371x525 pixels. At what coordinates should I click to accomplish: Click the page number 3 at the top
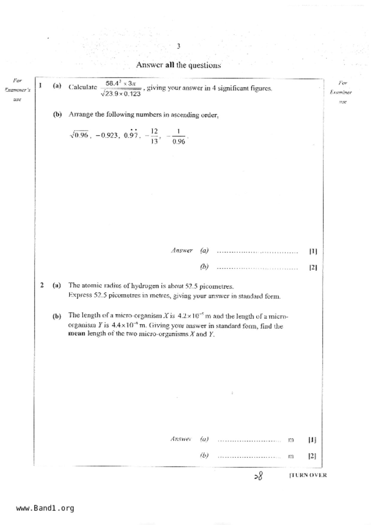pyautogui.click(x=178, y=46)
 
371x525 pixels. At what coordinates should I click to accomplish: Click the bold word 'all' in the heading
pyautogui.click(x=169, y=65)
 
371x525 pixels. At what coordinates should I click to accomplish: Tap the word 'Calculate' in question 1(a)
pyautogui.click(x=83, y=87)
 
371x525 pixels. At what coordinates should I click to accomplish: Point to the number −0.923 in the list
pyautogui.click(x=107, y=135)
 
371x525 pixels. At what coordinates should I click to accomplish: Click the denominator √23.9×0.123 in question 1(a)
pyautogui.click(x=121, y=94)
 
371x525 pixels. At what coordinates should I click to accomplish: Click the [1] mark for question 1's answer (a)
pyautogui.click(x=313, y=251)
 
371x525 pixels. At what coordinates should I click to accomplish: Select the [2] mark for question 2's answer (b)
pyautogui.click(x=312, y=456)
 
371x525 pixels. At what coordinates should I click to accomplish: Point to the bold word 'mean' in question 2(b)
pyautogui.click(x=77, y=334)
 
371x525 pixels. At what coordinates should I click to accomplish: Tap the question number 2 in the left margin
pyautogui.click(x=42, y=285)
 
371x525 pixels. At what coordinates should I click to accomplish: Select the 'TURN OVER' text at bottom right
pyautogui.click(x=308, y=475)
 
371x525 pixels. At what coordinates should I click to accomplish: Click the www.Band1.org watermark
pyautogui.click(x=45, y=508)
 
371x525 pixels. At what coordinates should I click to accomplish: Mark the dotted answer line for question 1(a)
pyautogui.click(x=257, y=252)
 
